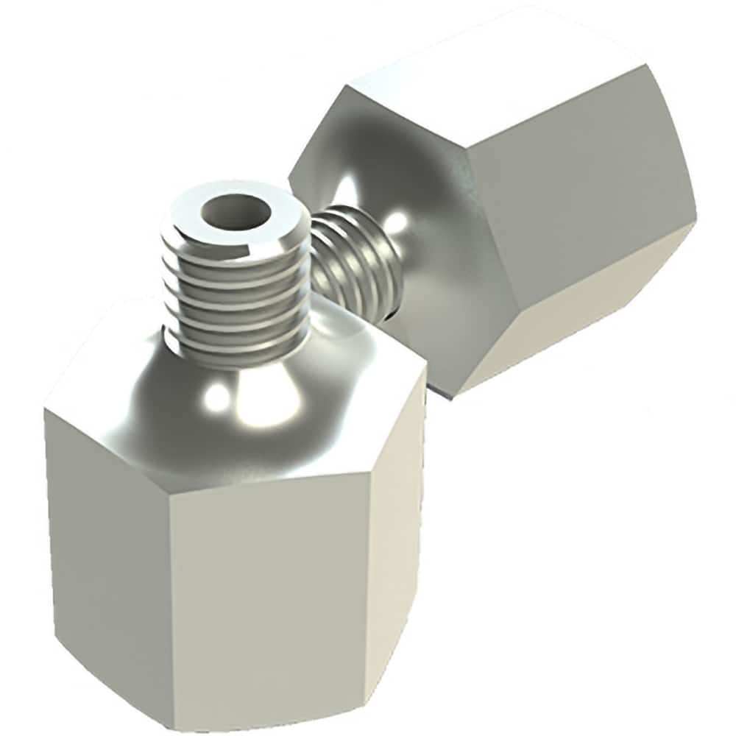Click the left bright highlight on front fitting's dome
(217, 397)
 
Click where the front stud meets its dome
(236, 361)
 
